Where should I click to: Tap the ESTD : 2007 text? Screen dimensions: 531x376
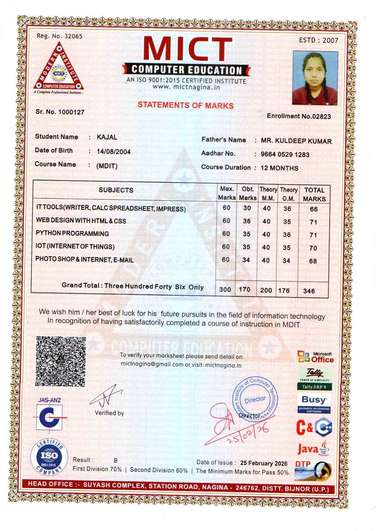[318, 40]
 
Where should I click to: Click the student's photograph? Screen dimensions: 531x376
[315, 78]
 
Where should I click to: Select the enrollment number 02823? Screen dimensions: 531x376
[321, 116]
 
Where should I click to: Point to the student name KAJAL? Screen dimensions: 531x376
[107, 137]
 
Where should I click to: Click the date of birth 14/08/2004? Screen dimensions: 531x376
[113, 152]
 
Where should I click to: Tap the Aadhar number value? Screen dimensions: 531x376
[285, 154]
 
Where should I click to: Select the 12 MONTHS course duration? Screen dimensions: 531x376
[279, 168]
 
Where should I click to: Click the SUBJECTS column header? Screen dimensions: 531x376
[116, 190]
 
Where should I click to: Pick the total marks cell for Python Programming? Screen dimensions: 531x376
[313, 235]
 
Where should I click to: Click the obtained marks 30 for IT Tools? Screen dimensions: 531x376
[247, 208]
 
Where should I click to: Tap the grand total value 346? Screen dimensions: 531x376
[309, 291]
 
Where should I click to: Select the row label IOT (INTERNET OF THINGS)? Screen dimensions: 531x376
[75, 247]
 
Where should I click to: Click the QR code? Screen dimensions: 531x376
[61, 361]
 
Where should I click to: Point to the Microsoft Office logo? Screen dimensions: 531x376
[315, 357]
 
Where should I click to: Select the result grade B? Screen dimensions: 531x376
[116, 460]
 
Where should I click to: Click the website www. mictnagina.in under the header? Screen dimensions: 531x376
[186, 87]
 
